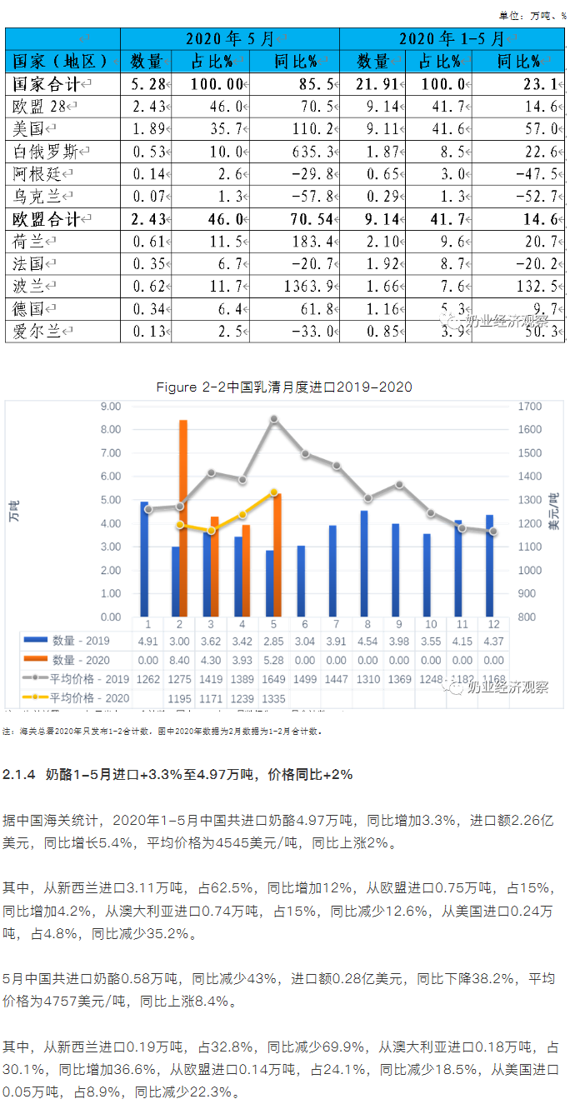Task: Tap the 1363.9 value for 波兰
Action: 306,286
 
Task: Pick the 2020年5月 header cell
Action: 229,39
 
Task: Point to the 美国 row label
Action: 32,128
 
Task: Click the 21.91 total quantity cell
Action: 372,83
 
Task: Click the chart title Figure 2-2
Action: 283,387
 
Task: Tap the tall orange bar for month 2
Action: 183,517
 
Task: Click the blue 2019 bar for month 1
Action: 144,558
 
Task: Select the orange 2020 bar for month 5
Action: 278,554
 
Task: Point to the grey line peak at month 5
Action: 273,419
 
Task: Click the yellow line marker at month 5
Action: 274,492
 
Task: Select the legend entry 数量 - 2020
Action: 75,660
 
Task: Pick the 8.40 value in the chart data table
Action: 179,660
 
